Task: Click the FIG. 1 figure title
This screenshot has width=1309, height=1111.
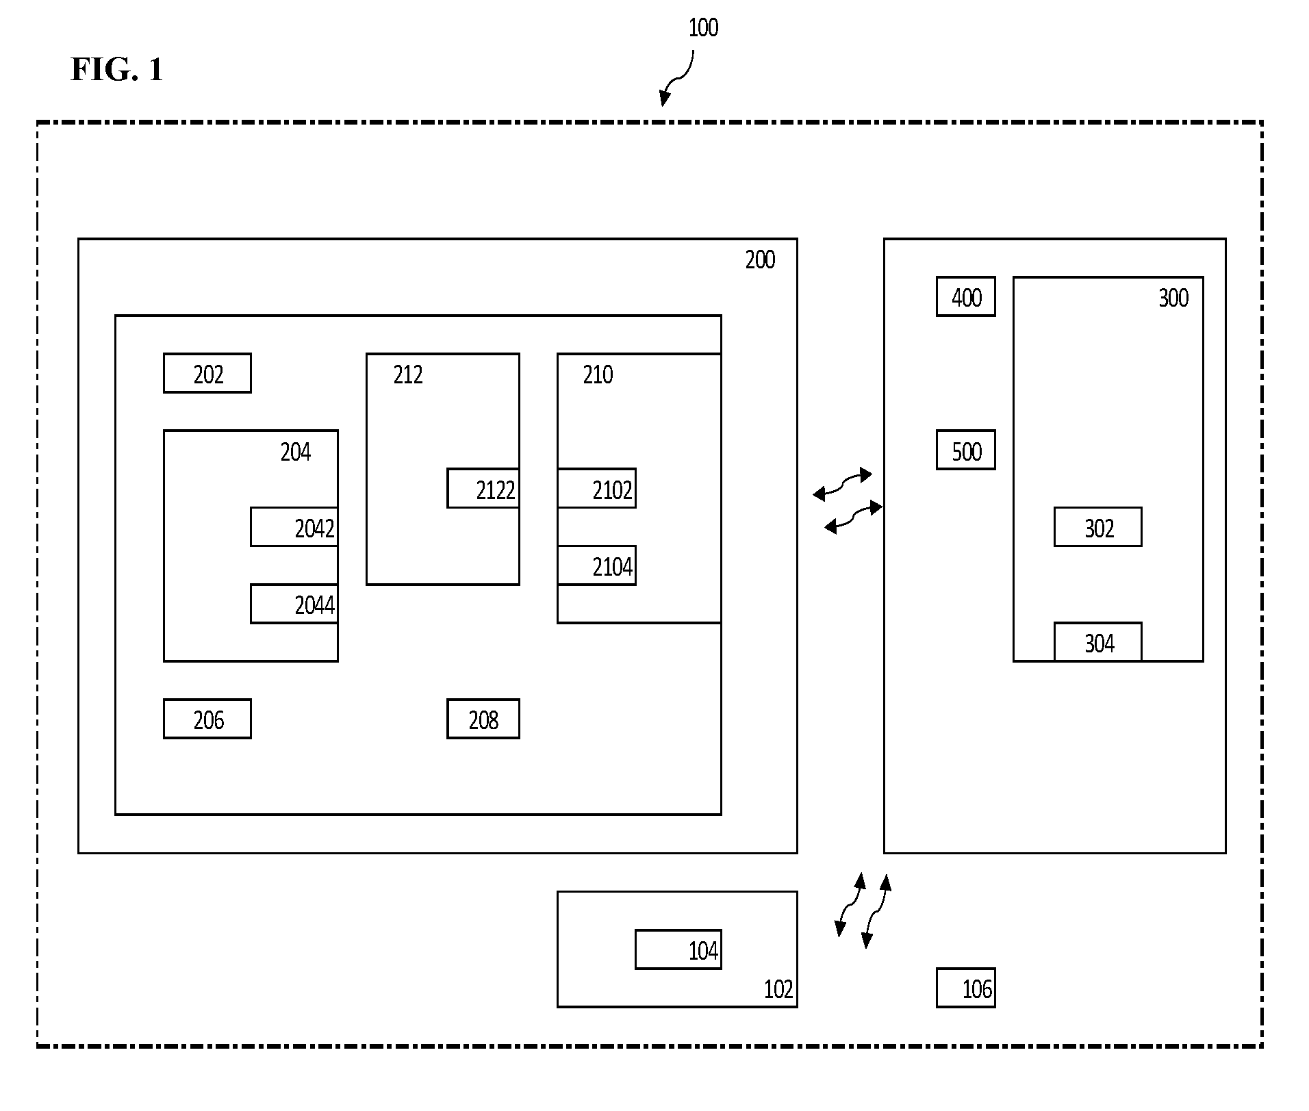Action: pos(117,69)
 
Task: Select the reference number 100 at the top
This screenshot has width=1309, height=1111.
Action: pos(703,28)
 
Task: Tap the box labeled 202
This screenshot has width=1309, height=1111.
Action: pos(207,373)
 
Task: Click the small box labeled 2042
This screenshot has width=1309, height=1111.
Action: pos(294,527)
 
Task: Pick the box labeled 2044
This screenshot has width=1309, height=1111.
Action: pos(294,604)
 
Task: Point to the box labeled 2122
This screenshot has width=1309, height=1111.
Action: pos(483,488)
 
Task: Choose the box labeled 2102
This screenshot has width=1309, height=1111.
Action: pos(597,488)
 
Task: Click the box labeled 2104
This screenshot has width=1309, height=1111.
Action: pos(597,565)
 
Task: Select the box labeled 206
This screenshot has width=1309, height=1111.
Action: pos(207,719)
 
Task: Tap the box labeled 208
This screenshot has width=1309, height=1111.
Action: pos(483,719)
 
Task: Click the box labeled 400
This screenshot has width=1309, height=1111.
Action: pos(966,296)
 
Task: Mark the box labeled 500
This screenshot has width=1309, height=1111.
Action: pos(966,450)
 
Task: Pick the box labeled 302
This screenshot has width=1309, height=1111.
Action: pos(1098,527)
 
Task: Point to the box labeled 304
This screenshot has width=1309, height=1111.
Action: pos(1098,642)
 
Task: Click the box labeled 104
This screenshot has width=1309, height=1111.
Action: pos(678,949)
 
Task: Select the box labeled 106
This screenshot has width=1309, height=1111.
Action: pos(966,988)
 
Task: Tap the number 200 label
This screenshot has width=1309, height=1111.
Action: pos(760,260)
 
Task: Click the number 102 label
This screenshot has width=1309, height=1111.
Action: pos(778,989)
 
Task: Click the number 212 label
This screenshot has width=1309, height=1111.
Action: pos(408,375)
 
